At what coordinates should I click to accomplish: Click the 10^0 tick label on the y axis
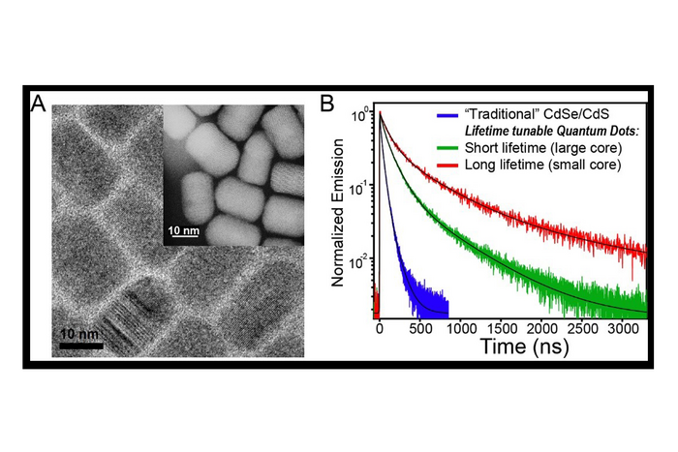[x=360, y=115]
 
